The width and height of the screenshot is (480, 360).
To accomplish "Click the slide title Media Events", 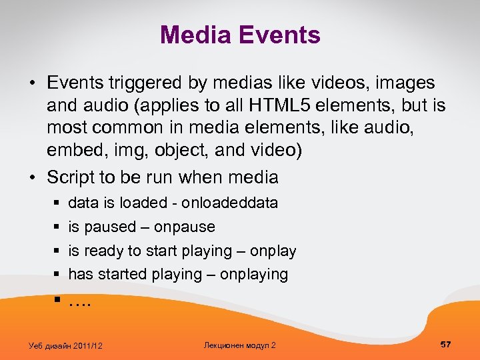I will click(x=240, y=35).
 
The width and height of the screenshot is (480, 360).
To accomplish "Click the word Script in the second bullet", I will click(x=70, y=177).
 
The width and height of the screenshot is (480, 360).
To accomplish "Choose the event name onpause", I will click(x=184, y=227).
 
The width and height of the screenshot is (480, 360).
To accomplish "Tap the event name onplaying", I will click(x=253, y=274).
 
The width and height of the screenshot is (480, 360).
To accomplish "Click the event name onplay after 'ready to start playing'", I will click(x=273, y=251).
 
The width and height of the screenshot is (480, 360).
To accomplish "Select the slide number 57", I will click(x=445, y=344).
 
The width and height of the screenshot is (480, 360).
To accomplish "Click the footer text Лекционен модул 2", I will click(x=239, y=345).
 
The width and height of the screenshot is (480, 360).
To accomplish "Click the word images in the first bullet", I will click(x=405, y=83).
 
